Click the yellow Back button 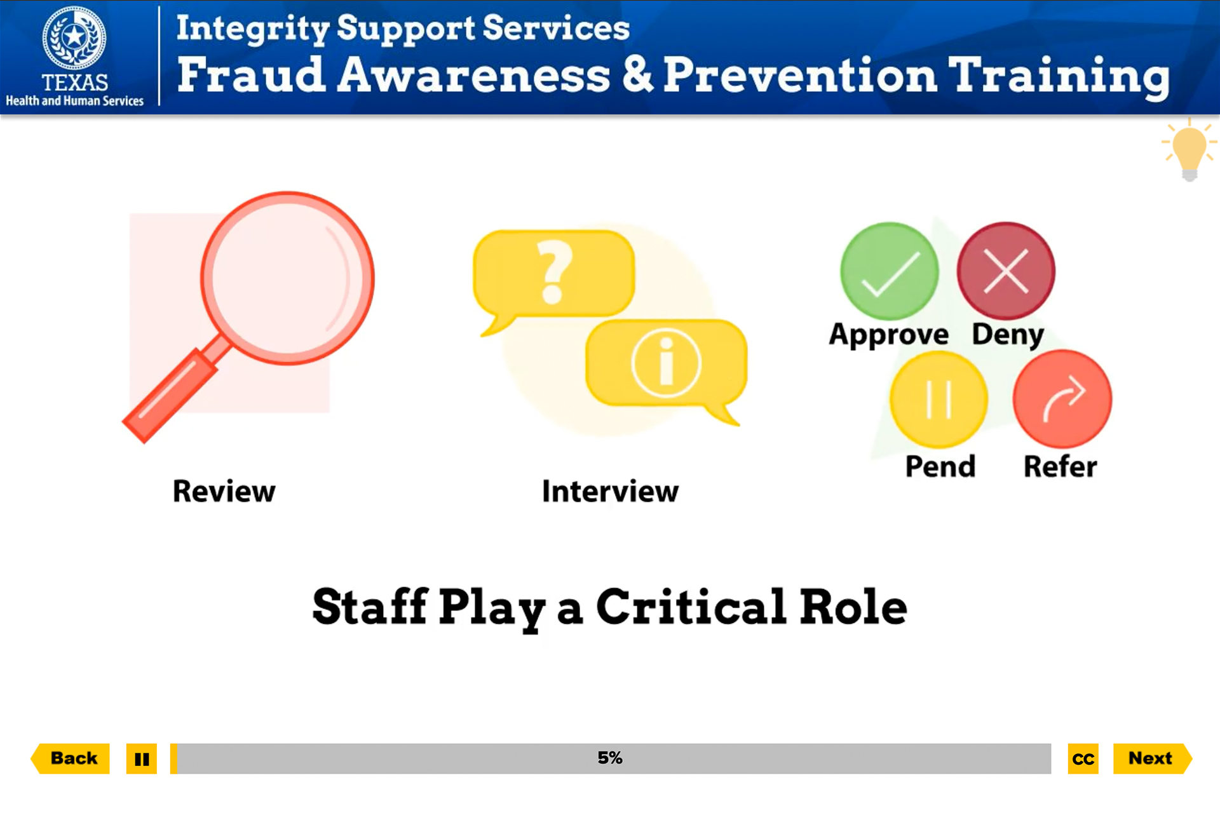[x=72, y=758]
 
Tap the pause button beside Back [x=141, y=759]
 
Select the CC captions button [x=1083, y=759]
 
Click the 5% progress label [x=610, y=758]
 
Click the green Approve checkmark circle [x=889, y=271]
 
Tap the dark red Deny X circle [x=1006, y=271]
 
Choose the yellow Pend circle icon [x=939, y=400]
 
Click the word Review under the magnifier [x=224, y=491]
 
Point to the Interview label [x=610, y=491]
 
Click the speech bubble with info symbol [x=666, y=363]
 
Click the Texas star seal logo [x=74, y=38]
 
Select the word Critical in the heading [x=691, y=607]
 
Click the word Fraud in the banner [x=250, y=75]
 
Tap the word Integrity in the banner [x=252, y=29]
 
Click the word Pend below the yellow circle [x=940, y=467]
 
